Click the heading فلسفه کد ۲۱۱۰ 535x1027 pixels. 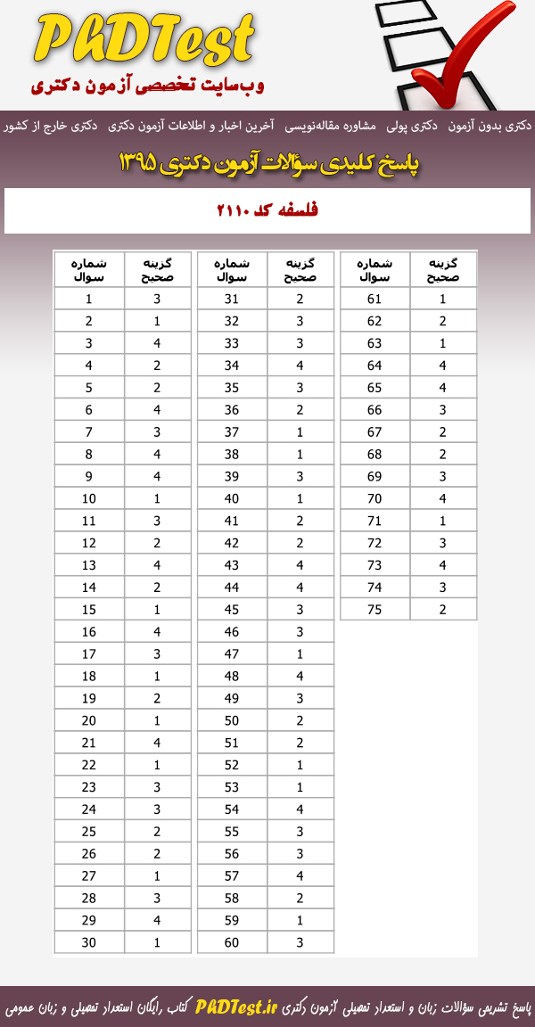point(267,211)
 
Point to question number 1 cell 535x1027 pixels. point(89,300)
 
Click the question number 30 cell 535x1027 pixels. point(89,942)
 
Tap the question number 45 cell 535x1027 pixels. point(232,609)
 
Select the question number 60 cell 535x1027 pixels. point(232,942)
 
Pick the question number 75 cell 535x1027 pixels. point(374,609)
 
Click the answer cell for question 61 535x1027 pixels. point(443,300)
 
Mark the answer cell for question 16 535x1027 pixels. point(157,631)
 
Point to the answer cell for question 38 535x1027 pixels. point(300,454)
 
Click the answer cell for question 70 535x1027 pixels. point(443,498)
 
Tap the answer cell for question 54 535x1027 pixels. point(300,809)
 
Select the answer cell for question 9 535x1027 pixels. point(157,476)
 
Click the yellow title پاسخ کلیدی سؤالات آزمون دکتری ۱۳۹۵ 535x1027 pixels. point(267,163)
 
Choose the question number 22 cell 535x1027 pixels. point(89,765)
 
